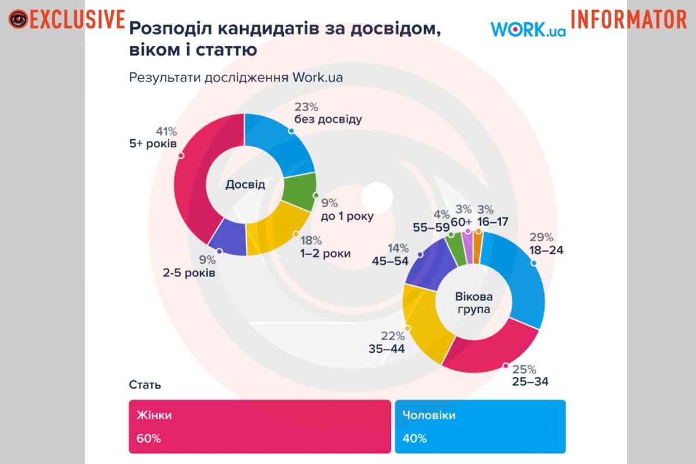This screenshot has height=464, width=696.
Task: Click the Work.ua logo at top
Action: (x=528, y=29)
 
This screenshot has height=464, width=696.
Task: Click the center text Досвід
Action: (x=245, y=185)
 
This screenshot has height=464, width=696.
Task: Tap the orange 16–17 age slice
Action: (x=478, y=246)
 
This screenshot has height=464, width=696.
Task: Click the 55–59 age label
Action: (x=432, y=227)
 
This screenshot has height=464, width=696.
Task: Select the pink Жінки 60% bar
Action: (x=259, y=426)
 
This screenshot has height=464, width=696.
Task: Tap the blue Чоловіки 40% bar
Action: (x=480, y=426)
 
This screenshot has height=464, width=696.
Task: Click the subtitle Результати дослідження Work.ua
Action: (x=232, y=78)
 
